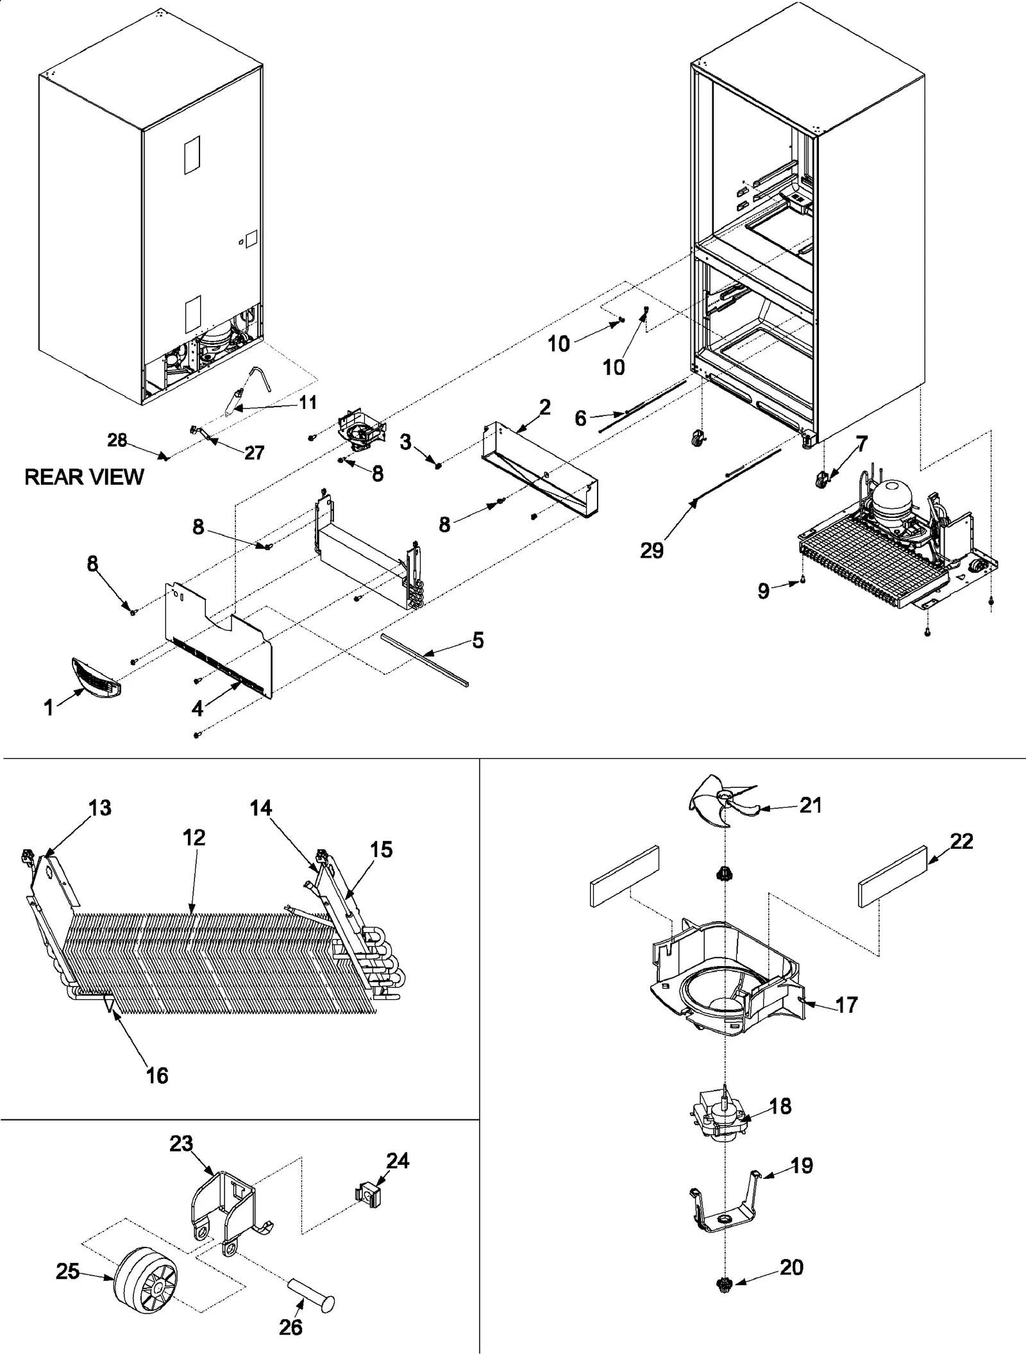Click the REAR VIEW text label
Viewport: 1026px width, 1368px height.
84,477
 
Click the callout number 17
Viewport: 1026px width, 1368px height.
846,1005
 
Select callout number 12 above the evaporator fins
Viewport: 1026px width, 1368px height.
194,837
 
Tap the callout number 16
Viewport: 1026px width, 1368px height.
157,1075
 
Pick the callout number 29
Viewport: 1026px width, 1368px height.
652,550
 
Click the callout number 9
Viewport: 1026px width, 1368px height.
763,590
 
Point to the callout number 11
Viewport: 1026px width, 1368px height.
308,403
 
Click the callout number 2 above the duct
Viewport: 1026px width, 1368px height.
544,407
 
